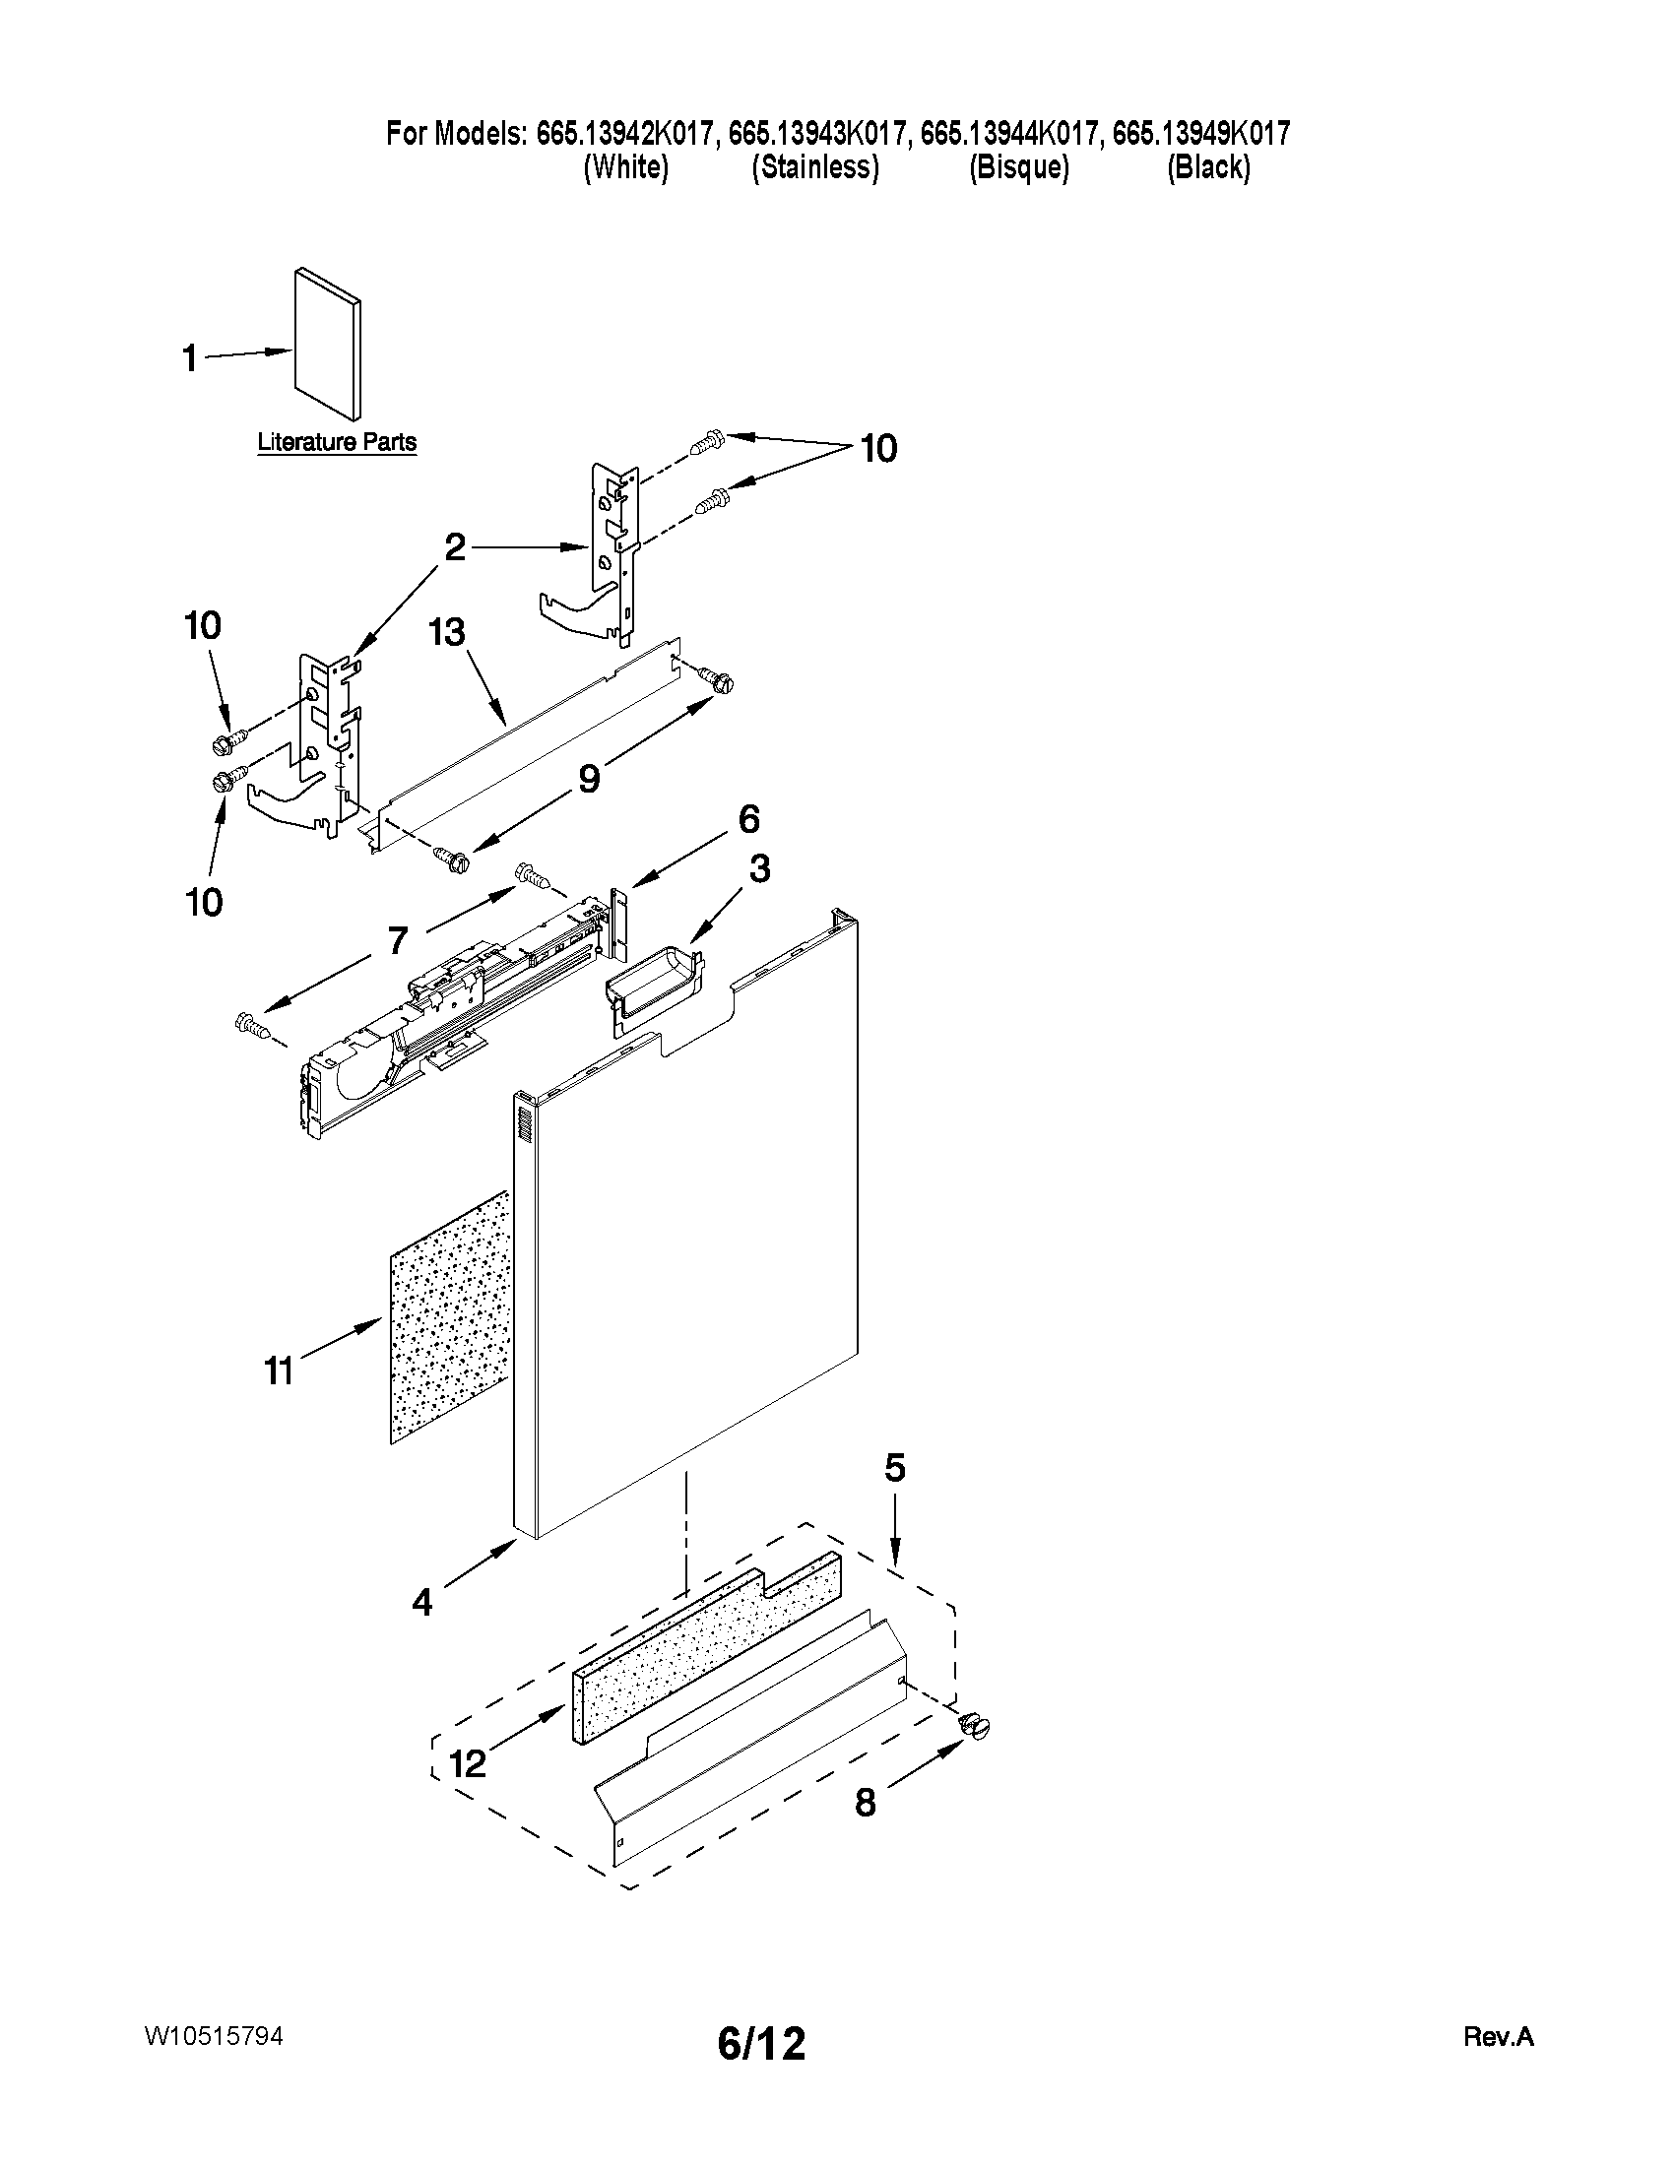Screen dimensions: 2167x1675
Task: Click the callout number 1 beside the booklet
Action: point(188,358)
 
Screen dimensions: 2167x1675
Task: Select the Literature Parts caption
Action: point(337,442)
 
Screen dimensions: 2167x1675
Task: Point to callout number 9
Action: point(589,780)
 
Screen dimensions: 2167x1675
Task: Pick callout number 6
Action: point(748,819)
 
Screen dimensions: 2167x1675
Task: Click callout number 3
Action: point(758,869)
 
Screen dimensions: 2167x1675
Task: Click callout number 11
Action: point(279,1371)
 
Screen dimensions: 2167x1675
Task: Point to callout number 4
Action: point(422,1602)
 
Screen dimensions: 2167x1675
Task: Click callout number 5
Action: point(895,1468)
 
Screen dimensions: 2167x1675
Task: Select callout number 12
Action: point(468,1763)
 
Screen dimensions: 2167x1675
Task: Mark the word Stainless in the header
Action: point(814,167)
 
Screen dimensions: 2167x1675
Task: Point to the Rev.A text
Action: point(1499,2038)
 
